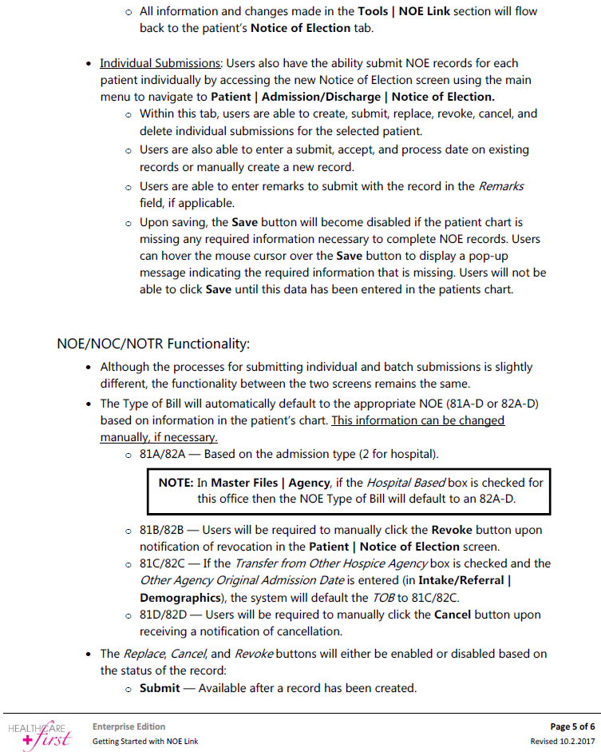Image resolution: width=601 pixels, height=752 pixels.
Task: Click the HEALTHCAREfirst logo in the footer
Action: coord(39,734)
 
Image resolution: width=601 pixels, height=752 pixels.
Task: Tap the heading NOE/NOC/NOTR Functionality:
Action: coord(153,344)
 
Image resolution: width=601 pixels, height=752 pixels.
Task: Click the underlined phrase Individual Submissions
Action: coord(160,63)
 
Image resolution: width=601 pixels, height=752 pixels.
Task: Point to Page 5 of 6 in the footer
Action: coord(572,726)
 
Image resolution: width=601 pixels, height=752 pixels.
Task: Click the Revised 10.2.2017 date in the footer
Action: coord(563,742)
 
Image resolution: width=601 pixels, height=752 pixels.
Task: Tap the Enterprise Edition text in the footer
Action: coord(129,726)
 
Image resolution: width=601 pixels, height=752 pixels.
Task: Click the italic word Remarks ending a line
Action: coord(500,186)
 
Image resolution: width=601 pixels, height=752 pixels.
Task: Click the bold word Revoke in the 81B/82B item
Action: coord(453,530)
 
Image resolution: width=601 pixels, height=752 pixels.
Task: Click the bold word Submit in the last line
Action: coord(159,688)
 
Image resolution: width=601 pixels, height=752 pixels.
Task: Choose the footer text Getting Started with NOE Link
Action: coord(144,742)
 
